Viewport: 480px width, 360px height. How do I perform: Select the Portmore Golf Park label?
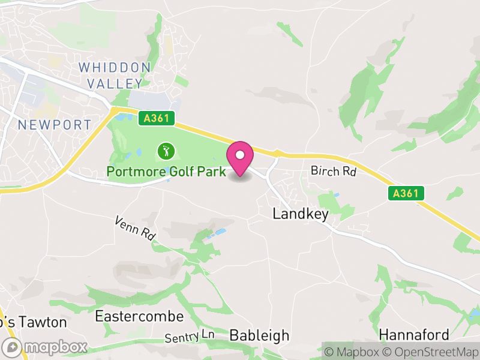[x=166, y=172]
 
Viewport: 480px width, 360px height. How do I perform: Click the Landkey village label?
[x=301, y=214]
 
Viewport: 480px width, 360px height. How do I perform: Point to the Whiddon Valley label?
[x=115, y=75]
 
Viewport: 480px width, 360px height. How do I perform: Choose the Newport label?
[x=55, y=125]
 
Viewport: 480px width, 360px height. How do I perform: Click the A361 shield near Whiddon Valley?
[x=156, y=119]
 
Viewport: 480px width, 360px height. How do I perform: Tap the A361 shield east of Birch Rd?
[x=406, y=193]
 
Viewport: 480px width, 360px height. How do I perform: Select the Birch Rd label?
[x=334, y=172]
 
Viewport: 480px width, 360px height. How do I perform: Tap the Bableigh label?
[x=259, y=335]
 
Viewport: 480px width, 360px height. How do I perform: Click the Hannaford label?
[x=414, y=334]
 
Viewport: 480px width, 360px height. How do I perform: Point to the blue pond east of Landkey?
[x=335, y=196]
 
